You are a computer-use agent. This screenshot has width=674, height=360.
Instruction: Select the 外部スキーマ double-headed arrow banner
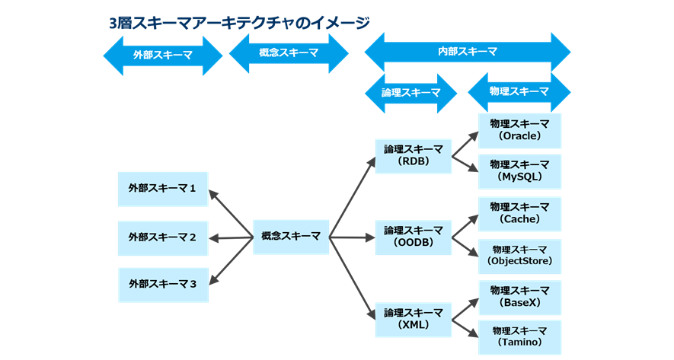162,56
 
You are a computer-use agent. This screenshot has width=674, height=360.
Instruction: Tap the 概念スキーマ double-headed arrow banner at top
289,53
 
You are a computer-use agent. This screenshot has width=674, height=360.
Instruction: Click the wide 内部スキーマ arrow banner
467,52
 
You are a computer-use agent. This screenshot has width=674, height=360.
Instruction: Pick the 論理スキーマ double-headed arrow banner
411,93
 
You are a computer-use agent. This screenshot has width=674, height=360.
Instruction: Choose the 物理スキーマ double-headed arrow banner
519,91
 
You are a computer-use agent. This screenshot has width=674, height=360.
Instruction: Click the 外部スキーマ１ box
162,189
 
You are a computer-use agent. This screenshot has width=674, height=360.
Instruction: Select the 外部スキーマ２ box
162,237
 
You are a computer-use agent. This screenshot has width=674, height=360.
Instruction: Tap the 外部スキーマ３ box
162,284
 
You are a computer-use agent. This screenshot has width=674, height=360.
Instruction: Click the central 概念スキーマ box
290,237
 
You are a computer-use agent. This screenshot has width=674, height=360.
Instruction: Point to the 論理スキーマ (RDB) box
414,155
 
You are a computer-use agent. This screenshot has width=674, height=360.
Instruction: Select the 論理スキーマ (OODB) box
414,236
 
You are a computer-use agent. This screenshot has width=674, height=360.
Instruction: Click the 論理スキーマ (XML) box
414,318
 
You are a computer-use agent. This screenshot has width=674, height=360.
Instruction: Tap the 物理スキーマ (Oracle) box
519,130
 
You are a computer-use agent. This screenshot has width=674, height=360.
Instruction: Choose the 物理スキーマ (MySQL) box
519,170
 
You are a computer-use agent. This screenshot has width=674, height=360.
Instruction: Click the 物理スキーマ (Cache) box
519,213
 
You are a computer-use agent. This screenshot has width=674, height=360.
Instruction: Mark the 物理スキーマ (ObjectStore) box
519,256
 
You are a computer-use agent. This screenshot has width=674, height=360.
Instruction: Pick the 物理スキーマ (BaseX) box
519,297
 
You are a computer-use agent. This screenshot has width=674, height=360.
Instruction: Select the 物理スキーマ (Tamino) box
519,337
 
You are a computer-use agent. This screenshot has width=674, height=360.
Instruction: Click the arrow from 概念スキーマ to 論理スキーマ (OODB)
352,237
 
